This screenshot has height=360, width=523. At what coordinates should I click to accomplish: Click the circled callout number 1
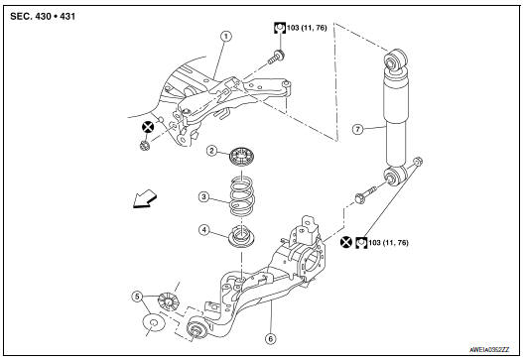pyautogui.click(x=225, y=36)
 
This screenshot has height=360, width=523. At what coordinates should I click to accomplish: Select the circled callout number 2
pyautogui.click(x=211, y=151)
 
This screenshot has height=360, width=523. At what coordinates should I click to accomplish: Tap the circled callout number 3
pyautogui.click(x=202, y=197)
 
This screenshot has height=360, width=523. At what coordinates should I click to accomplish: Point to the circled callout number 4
pyautogui.click(x=203, y=231)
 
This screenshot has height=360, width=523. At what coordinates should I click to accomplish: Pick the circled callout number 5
pyautogui.click(x=137, y=296)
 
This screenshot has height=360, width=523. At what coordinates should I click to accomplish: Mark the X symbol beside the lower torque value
pyautogui.click(x=344, y=241)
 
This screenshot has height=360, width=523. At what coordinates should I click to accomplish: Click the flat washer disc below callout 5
pyautogui.click(x=154, y=323)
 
